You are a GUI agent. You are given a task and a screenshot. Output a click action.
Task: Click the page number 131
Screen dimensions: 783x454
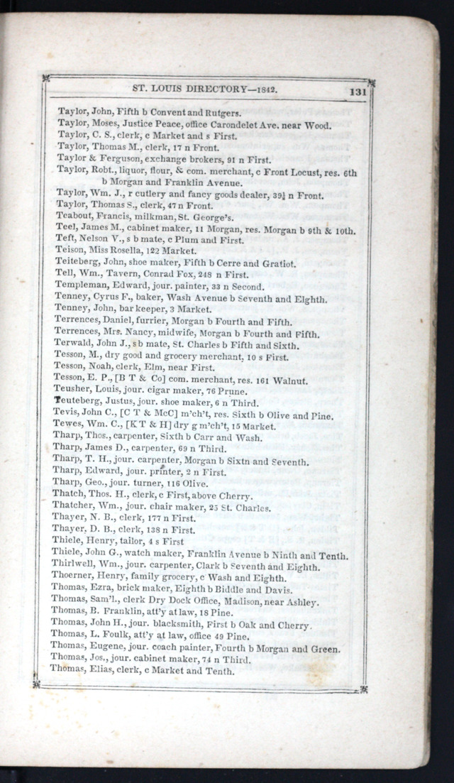click(x=357, y=91)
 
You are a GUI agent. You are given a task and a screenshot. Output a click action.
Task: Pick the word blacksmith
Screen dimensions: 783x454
click(x=174, y=624)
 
